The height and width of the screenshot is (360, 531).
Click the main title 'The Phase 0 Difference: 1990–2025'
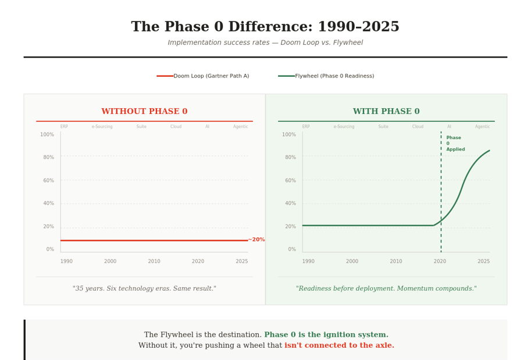click(265, 27)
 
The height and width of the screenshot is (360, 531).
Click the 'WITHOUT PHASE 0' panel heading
click(144, 112)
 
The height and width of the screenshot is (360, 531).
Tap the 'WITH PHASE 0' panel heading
click(386, 112)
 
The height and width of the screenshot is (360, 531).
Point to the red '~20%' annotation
click(256, 240)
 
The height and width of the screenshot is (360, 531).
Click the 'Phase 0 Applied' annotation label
click(455, 144)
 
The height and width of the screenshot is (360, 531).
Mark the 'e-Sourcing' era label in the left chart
click(102, 127)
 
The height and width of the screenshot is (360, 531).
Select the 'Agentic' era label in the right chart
click(482, 127)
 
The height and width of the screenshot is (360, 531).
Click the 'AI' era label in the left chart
click(207, 127)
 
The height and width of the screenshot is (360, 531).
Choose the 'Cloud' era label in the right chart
click(418, 127)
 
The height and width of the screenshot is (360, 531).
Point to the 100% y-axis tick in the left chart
click(47, 135)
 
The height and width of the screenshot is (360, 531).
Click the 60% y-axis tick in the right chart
click(288, 181)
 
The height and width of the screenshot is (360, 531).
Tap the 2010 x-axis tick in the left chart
click(154, 262)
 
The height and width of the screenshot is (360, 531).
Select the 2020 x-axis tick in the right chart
click(440, 262)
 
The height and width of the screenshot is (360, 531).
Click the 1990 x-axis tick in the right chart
click(308, 262)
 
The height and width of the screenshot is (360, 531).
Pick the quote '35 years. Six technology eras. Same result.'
click(144, 289)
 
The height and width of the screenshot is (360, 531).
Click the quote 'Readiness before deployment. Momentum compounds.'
click(386, 289)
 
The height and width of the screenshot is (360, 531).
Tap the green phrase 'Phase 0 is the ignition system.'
click(326, 335)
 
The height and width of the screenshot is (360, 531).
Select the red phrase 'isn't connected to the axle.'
click(339, 345)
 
